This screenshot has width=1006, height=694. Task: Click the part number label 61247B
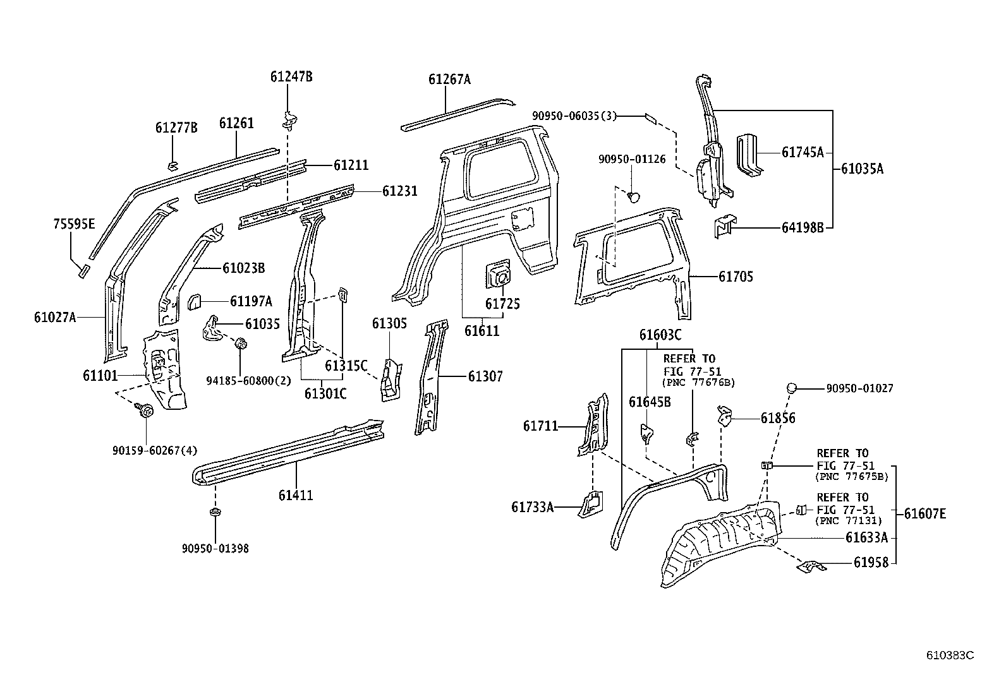291,77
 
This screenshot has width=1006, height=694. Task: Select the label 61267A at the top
449,80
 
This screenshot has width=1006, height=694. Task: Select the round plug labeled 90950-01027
791,388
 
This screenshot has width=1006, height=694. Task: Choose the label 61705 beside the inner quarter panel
736,277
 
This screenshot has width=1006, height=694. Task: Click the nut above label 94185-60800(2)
240,345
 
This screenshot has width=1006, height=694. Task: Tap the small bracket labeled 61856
725,417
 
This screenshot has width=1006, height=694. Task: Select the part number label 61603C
660,335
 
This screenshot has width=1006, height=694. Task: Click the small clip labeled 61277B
171,166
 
